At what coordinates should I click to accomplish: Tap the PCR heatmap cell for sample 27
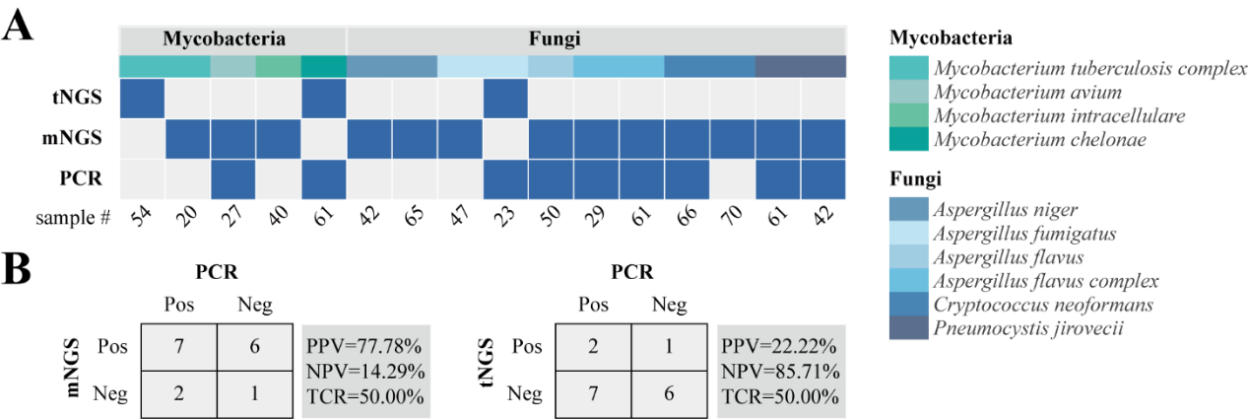coord(232,178)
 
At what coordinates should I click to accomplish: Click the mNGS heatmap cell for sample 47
coord(459,139)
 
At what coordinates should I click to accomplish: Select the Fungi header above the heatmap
coord(551,40)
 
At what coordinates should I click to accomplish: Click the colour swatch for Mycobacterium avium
coord(906,94)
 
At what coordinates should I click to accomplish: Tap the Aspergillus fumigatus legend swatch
coord(906,234)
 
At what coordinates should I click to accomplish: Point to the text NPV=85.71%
coord(779,373)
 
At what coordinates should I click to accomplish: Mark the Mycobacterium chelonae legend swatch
coord(906,140)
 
